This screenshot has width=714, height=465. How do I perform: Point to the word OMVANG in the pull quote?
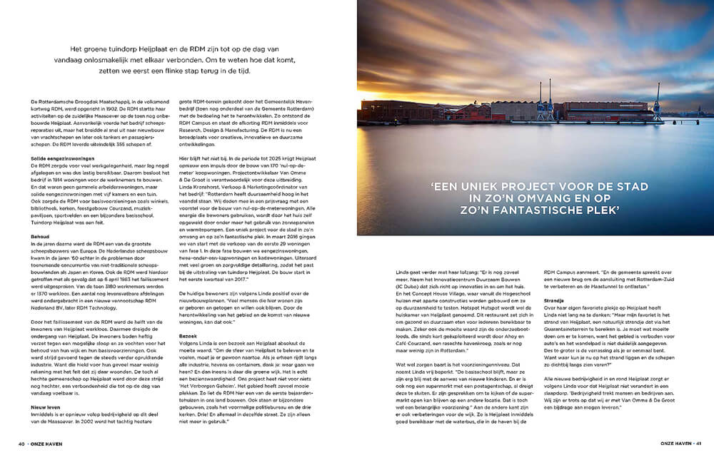(550, 200)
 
